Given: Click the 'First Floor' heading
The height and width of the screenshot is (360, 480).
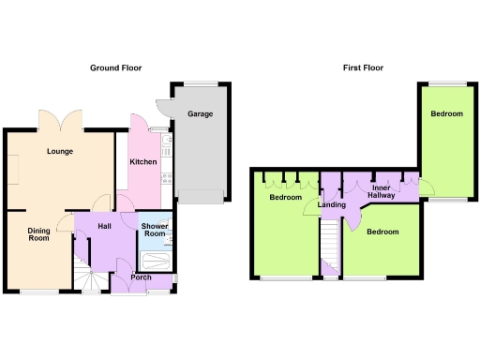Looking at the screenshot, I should pyautogui.click(x=363, y=67).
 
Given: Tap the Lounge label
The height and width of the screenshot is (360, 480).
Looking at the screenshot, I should pyautogui.click(x=61, y=151).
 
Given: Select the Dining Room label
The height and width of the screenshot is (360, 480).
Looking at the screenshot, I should pyautogui.click(x=38, y=234).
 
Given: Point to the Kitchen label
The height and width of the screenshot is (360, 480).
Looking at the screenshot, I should pyautogui.click(x=142, y=162).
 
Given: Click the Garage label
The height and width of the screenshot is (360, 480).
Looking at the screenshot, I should pyautogui.click(x=200, y=113).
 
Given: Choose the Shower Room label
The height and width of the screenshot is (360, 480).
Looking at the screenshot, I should pyautogui.click(x=154, y=231).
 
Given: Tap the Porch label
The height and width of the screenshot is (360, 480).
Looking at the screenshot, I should pyautogui.click(x=142, y=277).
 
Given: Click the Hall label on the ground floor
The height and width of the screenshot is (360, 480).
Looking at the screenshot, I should pyautogui.click(x=105, y=226).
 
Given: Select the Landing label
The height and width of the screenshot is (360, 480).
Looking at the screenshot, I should pyautogui.click(x=332, y=204).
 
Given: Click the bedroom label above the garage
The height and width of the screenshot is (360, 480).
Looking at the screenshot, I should pyautogui.click(x=446, y=113).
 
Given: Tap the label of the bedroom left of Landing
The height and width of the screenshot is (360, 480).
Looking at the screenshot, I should pyautogui.click(x=285, y=198).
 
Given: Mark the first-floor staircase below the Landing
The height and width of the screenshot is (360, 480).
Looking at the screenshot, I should pyautogui.click(x=330, y=246).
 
